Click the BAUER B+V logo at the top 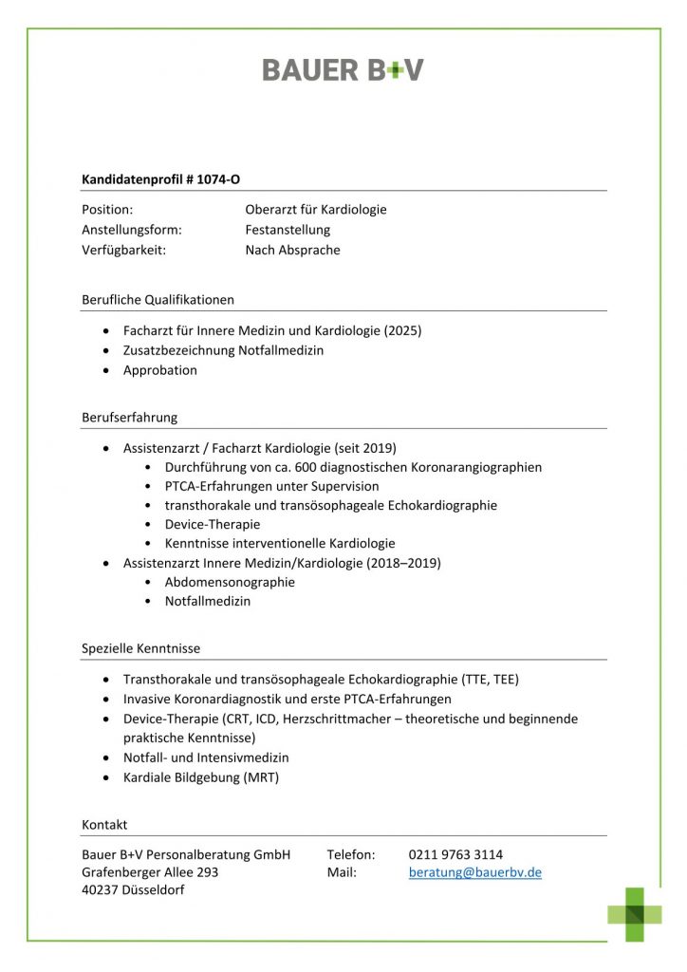tap(343, 70)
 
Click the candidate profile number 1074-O tap(218, 178)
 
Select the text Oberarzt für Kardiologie tap(316, 209)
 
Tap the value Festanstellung tap(288, 230)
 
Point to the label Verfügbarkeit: tap(124, 251)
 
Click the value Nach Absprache tap(292, 251)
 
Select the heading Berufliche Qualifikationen tap(158, 300)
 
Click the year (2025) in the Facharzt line tap(402, 331)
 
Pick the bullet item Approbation tap(160, 370)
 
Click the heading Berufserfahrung tap(129, 417)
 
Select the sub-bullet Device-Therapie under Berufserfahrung tap(213, 524)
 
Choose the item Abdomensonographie tap(230, 582)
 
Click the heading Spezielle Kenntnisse tap(140, 648)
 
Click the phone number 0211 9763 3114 tap(455, 854)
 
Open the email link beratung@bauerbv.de tap(475, 872)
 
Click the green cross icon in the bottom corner tap(636, 914)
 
